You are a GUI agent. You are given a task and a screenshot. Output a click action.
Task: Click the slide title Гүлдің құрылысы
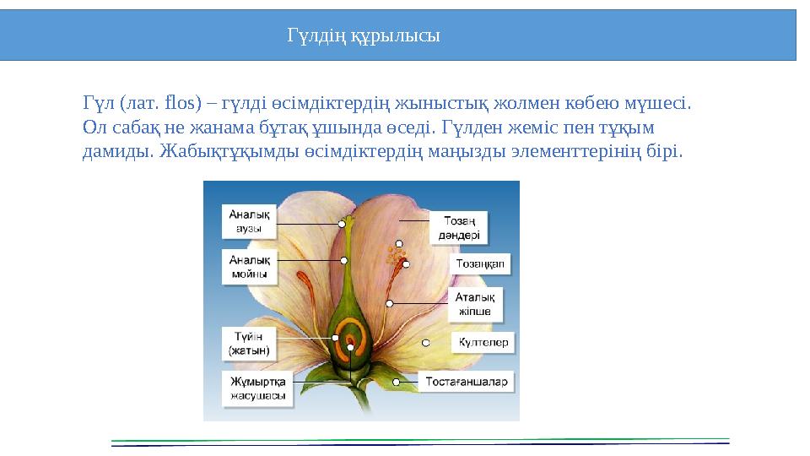[364, 36]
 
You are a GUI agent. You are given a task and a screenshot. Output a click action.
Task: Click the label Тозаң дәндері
[459, 227]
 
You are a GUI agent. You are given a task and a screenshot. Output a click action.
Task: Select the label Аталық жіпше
[474, 304]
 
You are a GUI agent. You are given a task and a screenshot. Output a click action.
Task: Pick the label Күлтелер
[483, 342]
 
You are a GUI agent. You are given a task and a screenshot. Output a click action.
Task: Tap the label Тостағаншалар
[467, 382]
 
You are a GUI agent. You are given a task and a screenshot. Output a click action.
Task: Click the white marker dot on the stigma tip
[343, 224]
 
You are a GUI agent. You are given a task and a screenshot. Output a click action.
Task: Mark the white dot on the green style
[344, 260]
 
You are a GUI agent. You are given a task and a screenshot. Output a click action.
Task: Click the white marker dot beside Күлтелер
[426, 342]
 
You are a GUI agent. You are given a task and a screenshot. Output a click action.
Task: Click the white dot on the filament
[390, 303]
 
